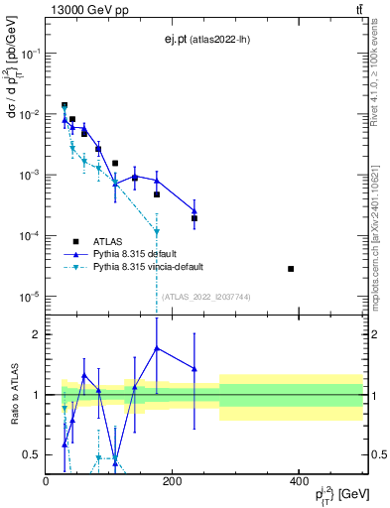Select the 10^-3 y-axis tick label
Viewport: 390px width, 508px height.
32,175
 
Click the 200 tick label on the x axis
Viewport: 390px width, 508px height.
173,482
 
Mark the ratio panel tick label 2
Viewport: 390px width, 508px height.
37,334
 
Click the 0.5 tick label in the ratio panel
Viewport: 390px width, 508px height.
33,455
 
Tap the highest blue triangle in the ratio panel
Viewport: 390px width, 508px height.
157,348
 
